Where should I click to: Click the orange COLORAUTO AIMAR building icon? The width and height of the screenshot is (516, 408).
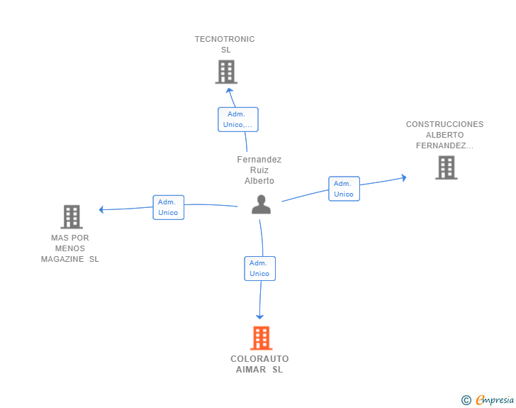tap(262, 338)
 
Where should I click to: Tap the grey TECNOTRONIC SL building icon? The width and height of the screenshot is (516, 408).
tap(226, 72)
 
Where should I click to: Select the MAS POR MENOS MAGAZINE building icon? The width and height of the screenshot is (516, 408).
tap(72, 217)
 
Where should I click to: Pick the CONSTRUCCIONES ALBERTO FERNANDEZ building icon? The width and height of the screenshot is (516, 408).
tap(447, 167)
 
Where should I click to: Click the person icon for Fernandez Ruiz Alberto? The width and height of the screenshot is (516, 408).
tap(262, 204)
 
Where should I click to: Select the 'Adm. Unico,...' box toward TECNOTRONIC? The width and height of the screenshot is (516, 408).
tap(238, 119)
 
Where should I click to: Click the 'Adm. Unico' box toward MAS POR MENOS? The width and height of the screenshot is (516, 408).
tap(169, 207)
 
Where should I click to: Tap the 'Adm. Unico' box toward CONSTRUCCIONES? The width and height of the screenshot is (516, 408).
tap(344, 189)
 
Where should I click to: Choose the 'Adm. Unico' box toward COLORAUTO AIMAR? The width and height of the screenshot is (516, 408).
tap(259, 269)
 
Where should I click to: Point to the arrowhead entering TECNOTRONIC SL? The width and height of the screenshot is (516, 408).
tap(230, 90)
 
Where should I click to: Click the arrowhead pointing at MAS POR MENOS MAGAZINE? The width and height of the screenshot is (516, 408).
tap(101, 209)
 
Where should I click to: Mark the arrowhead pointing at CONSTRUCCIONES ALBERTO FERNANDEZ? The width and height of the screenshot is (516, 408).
tap(405, 177)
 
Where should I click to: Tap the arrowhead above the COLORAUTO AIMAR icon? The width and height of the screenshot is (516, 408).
tap(259, 317)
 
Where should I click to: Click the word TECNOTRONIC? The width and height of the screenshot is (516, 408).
tap(225, 39)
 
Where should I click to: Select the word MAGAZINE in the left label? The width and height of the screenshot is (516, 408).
tap(62, 260)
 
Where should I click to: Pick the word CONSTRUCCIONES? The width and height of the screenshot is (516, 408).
tap(444, 124)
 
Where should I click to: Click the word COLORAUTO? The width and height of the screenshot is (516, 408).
tap(259, 359)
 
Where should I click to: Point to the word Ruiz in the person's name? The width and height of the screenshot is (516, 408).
tap(259, 170)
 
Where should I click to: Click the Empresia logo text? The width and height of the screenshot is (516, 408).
tap(495, 400)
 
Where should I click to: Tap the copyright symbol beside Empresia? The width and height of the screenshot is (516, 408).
tap(466, 400)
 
